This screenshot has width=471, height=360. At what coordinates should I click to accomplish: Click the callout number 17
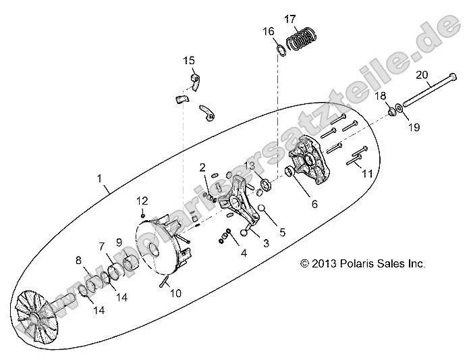pos(289,18)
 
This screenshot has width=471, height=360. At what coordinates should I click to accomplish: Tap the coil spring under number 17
pos(302,40)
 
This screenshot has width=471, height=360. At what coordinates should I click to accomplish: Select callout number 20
pos(422,74)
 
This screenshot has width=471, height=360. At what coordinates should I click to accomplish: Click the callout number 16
pos(268,31)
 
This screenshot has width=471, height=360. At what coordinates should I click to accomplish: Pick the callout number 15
pos(188,61)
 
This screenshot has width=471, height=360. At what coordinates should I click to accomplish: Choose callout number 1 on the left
pos(99,179)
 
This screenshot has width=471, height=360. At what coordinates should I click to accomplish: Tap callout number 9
pos(119,241)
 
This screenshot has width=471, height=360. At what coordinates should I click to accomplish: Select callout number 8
pos(78,260)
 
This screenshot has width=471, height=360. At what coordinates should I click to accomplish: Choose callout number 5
pos(282,232)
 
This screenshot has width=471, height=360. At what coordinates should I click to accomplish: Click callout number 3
pos(266,243)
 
